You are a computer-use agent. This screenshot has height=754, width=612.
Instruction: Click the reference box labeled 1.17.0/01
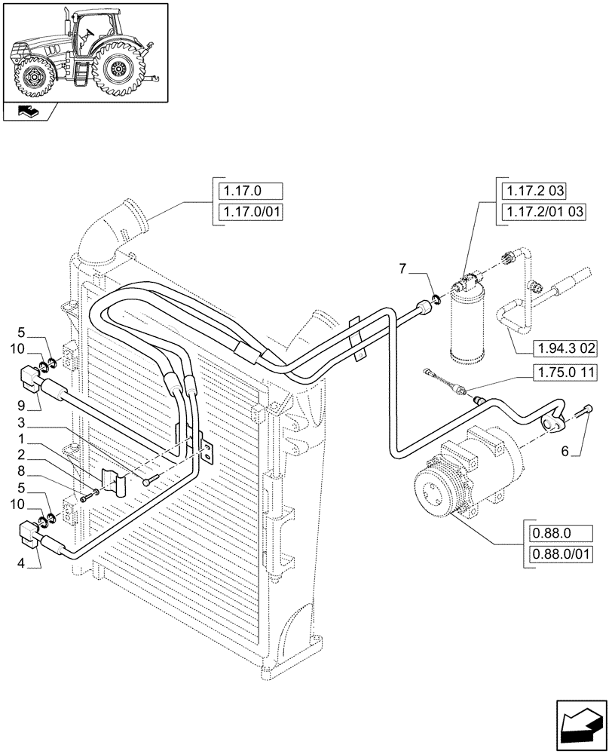(249, 213)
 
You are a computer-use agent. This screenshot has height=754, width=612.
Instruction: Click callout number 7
(403, 268)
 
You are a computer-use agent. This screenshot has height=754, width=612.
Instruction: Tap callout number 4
(22, 561)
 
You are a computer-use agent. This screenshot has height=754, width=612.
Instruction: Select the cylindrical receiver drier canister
(469, 320)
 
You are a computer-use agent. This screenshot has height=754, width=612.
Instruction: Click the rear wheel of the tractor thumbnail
(120, 69)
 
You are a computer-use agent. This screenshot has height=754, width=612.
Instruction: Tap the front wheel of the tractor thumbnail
(33, 77)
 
